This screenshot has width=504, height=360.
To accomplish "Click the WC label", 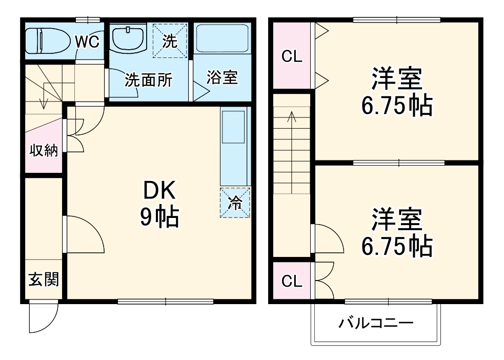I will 87,42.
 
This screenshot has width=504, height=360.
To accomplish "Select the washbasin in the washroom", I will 128,38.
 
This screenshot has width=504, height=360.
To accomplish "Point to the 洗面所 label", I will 148,80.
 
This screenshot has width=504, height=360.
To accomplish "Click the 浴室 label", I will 222,78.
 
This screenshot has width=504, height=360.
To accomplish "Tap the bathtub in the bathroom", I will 222,37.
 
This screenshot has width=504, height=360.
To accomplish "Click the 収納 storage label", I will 44,151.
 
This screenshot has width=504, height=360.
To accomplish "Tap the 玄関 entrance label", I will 44,279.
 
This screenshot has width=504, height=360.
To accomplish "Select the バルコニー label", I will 376,323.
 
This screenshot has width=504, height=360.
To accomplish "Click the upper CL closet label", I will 292,56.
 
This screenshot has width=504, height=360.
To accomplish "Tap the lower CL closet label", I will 292,281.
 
